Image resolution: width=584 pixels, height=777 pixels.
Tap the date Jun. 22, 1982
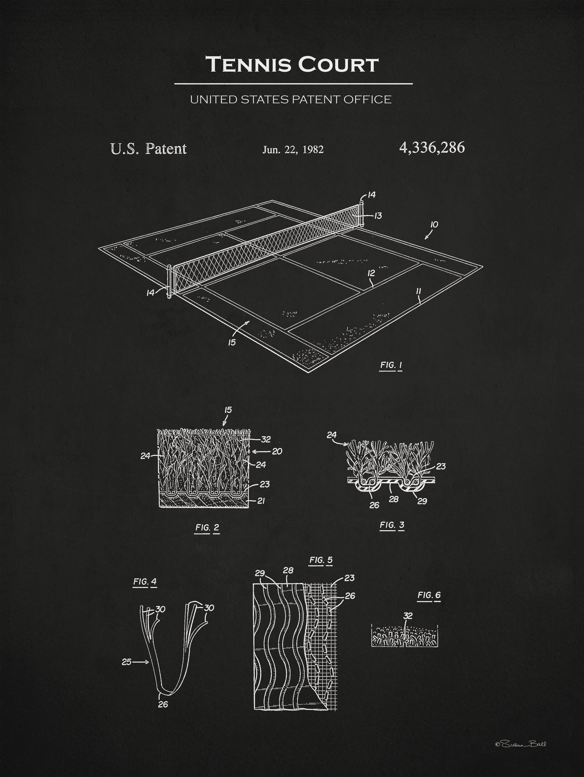coord(293,150)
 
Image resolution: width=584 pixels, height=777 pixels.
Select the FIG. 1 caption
coord(391,365)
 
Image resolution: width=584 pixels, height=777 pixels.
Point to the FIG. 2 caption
coord(207,528)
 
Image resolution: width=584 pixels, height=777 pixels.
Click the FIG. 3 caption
coord(392,525)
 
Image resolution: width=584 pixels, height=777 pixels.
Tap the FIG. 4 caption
coord(145,581)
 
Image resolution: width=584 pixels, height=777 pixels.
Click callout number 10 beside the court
coord(434,225)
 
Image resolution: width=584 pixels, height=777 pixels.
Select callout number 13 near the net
coord(378,216)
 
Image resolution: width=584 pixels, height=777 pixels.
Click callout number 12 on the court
coord(371,273)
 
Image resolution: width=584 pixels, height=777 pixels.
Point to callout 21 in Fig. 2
coord(261,501)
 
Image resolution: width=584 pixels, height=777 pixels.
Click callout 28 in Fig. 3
coord(394,499)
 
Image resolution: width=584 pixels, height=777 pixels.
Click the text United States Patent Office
coord(290,99)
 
